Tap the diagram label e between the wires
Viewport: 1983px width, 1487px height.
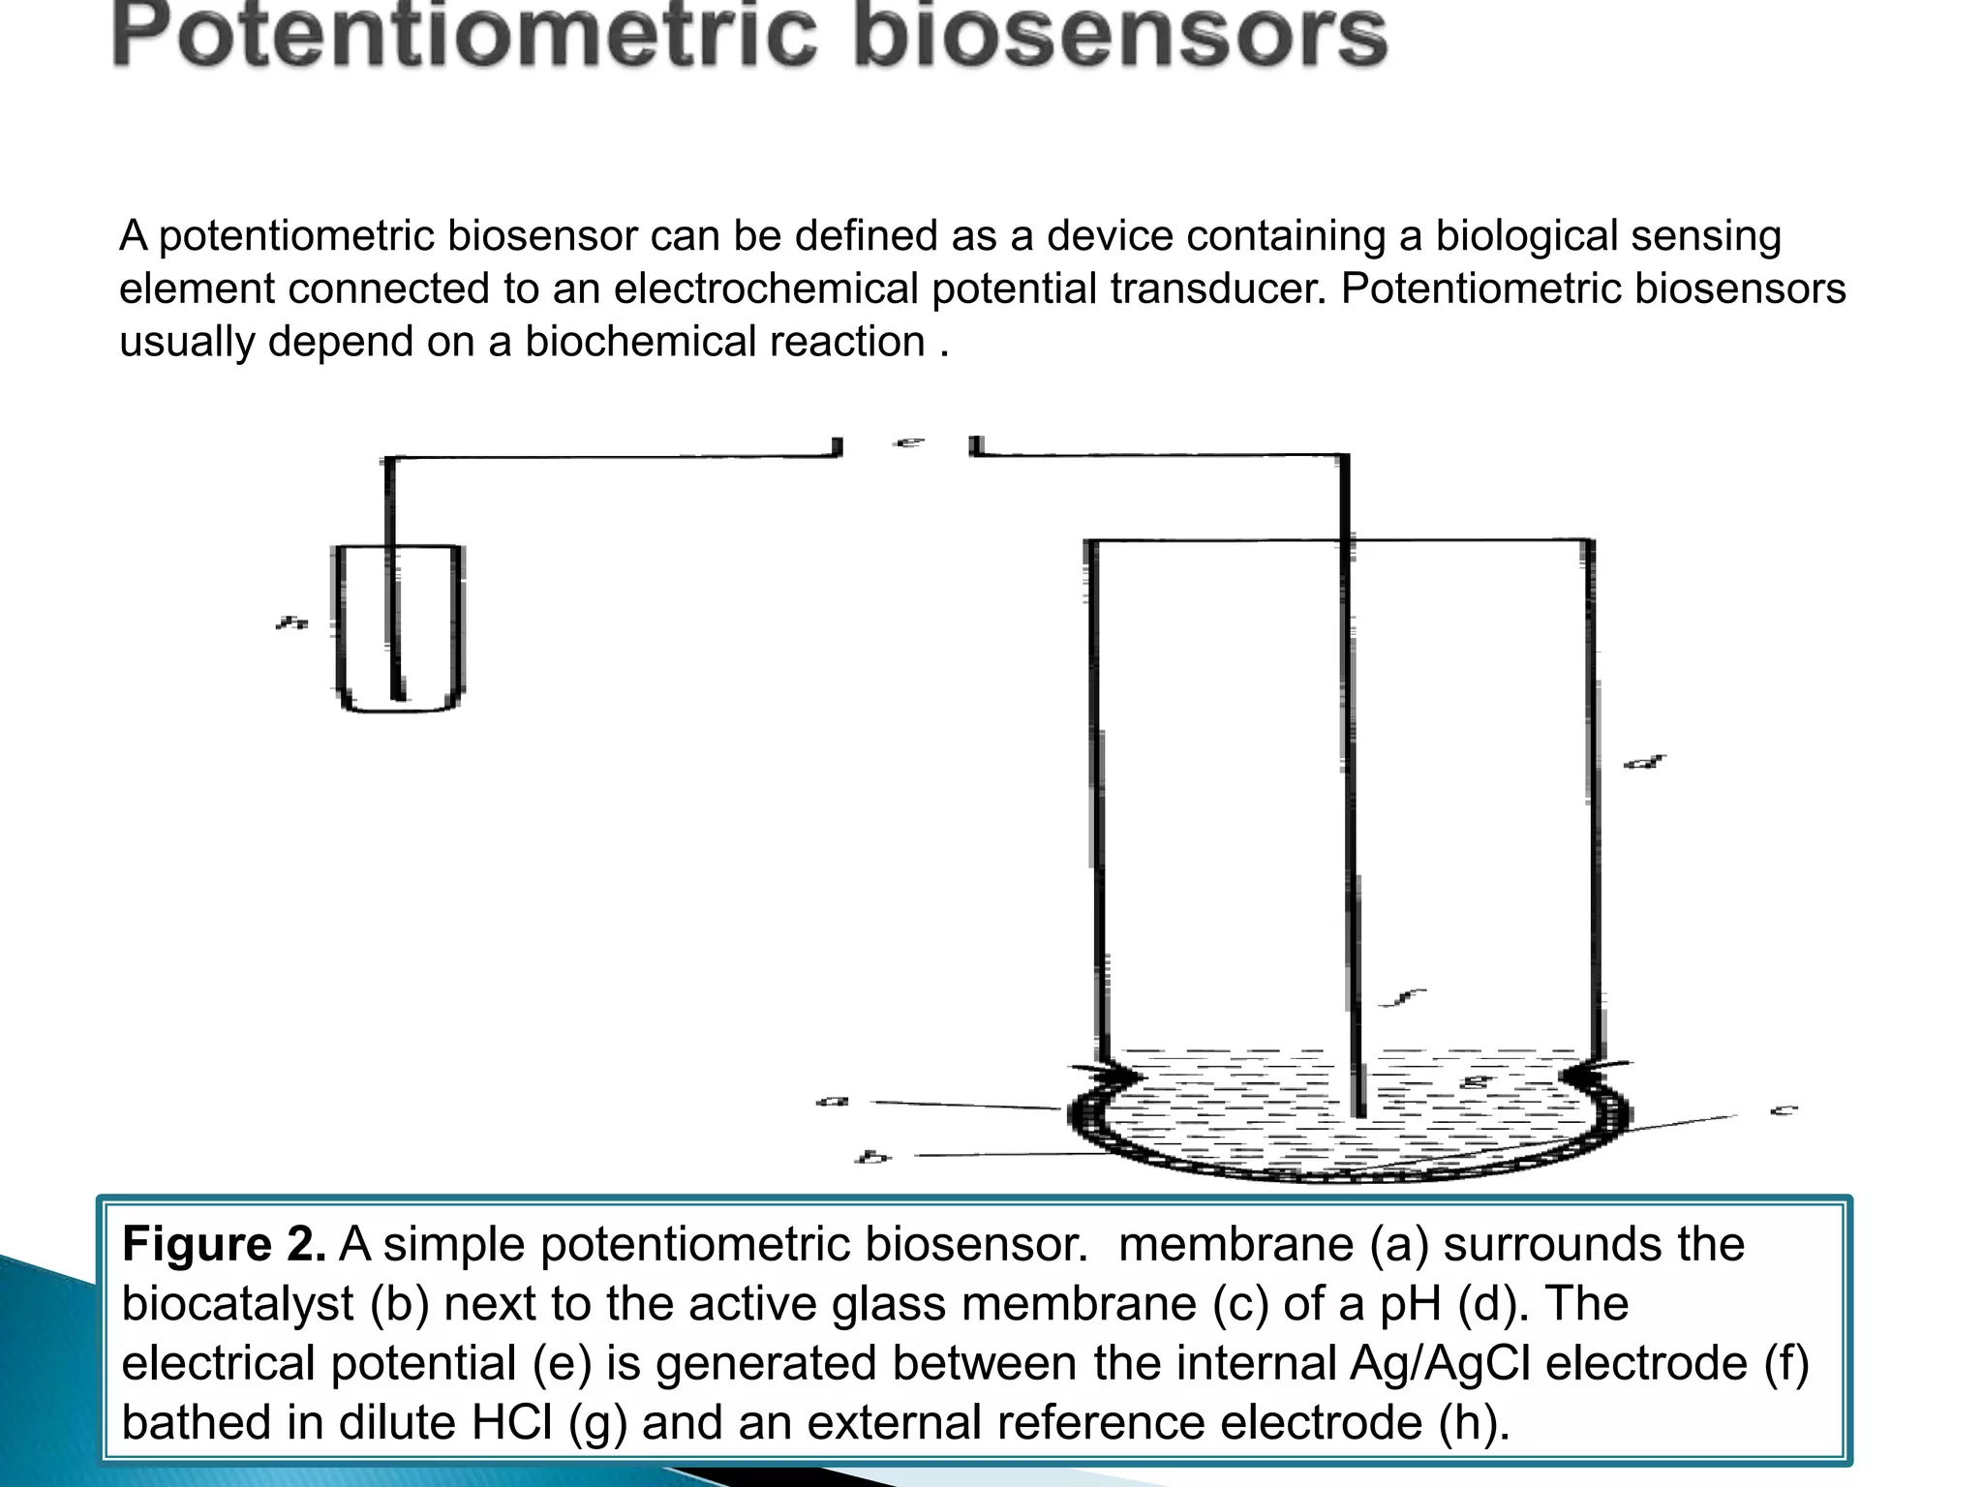pos(908,442)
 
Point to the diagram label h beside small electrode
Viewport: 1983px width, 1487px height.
pos(290,623)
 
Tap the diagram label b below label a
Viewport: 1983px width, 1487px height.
pos(872,1156)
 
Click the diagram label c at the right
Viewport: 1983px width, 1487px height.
pos(1784,1110)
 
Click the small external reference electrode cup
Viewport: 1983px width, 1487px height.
pos(398,629)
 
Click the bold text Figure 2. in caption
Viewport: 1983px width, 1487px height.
pos(224,1245)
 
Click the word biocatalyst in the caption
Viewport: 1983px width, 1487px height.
pos(237,1304)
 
